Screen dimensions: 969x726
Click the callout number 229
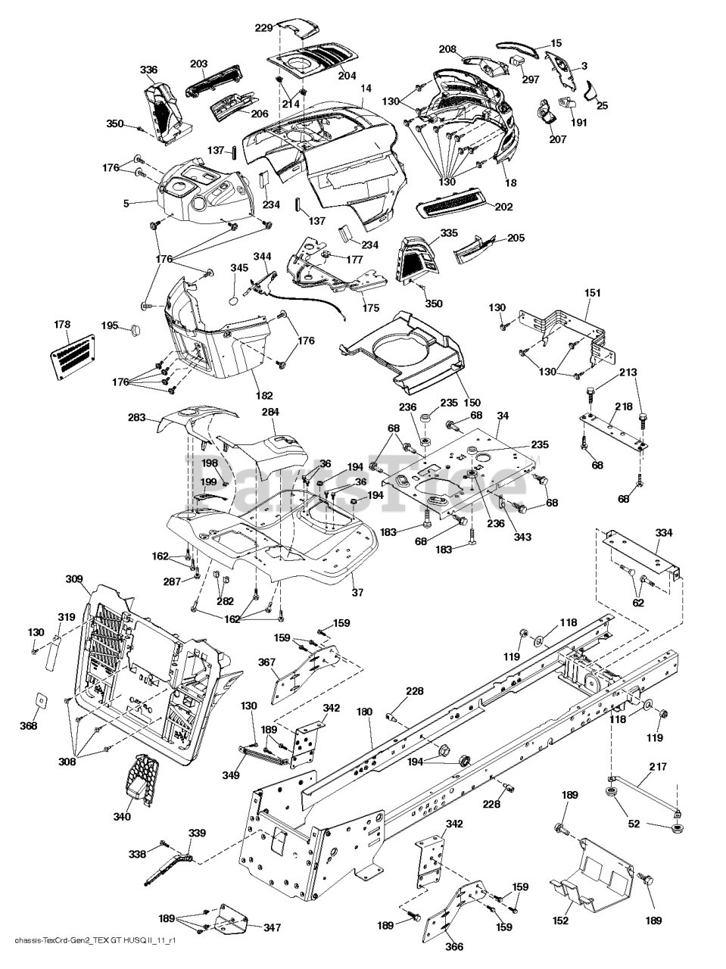263,28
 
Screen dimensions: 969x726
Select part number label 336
148,70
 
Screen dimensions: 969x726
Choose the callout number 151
593,292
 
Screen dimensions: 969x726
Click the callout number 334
663,533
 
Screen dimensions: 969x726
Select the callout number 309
73,580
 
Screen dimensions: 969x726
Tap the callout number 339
196,833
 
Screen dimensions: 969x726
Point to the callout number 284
270,413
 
